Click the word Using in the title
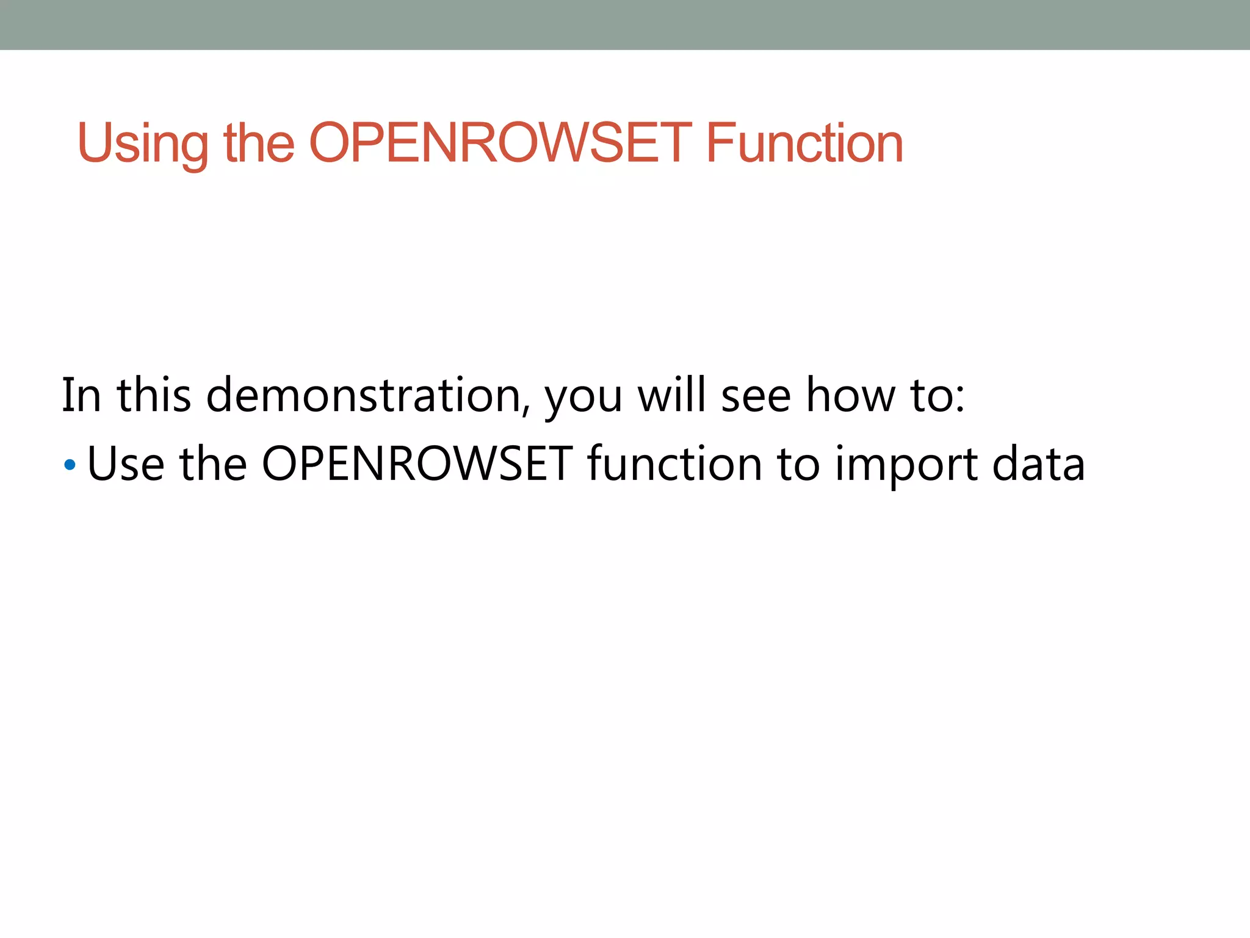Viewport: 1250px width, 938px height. point(142,144)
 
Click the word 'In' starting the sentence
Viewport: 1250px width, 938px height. point(81,395)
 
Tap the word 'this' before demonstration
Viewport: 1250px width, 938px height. point(154,395)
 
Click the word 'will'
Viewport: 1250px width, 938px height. point(671,395)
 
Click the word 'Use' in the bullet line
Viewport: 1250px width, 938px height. point(126,464)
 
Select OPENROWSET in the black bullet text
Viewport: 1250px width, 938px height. point(417,464)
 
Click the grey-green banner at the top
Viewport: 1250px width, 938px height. point(625,24)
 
